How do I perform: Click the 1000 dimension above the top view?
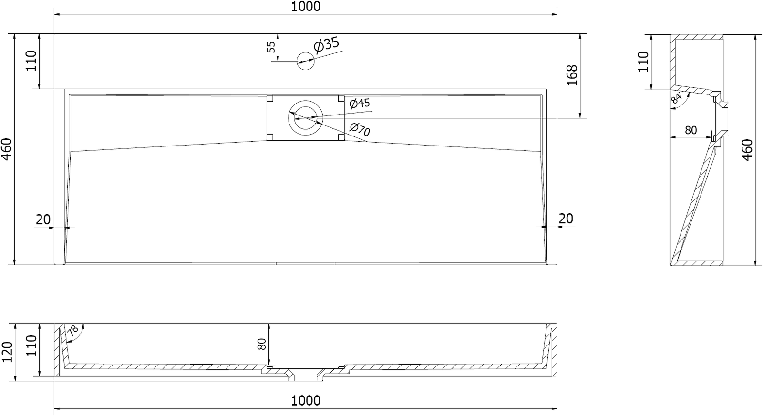pyautogui.click(x=306, y=7)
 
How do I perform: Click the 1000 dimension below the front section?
pyautogui.click(x=306, y=401)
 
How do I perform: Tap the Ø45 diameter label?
pyautogui.click(x=360, y=103)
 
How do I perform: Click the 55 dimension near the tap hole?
pyautogui.click(x=271, y=47)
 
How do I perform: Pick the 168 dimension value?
pyautogui.click(x=572, y=75)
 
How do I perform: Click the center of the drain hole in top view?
pyautogui.click(x=305, y=118)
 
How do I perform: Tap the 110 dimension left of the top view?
pyautogui.click(x=31, y=61)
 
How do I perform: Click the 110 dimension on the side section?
pyautogui.click(x=643, y=62)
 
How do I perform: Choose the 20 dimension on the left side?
pyautogui.click(x=43, y=219)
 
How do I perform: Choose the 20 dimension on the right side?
pyautogui.click(x=566, y=219)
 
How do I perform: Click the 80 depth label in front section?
pyautogui.click(x=261, y=344)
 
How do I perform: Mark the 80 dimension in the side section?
pyautogui.click(x=691, y=130)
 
